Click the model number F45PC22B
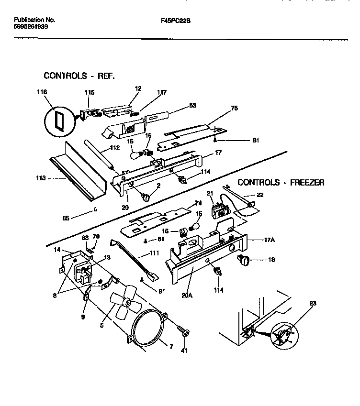179,21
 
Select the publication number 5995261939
31,27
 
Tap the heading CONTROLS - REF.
79,76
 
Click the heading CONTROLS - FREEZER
281,182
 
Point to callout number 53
180,105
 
